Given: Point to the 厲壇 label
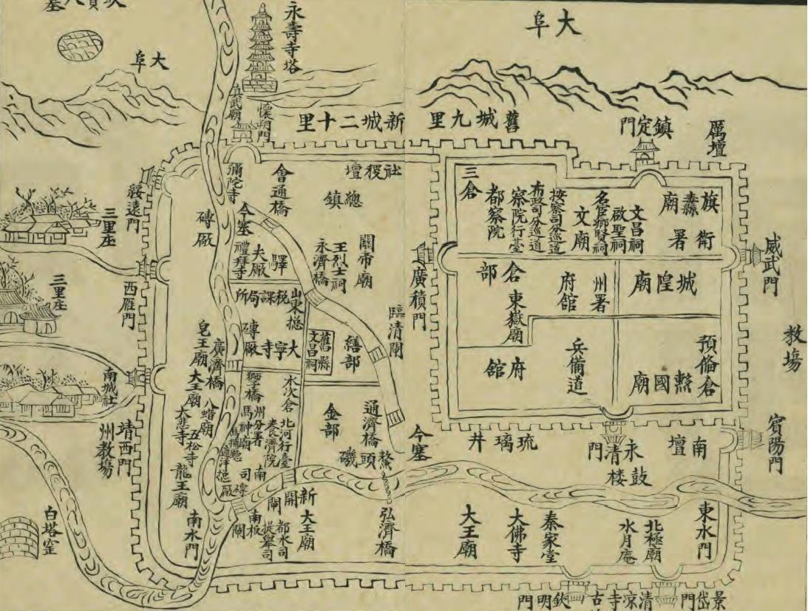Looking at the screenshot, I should click(x=716, y=139).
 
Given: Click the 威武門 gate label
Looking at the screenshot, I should click(x=773, y=266).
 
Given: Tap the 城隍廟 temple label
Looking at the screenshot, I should click(x=662, y=284).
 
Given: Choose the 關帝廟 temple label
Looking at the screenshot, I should click(x=364, y=262).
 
